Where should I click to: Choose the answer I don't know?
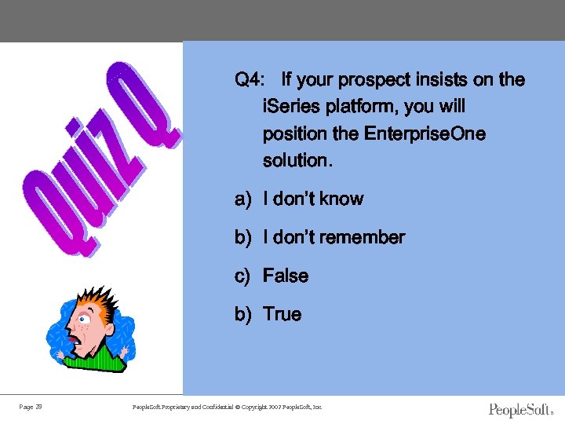[313, 199]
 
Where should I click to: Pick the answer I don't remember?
[334, 237]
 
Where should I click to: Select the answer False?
[286, 276]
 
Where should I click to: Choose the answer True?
[282, 314]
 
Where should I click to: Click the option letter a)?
[242, 199]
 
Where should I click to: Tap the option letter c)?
[242, 276]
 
